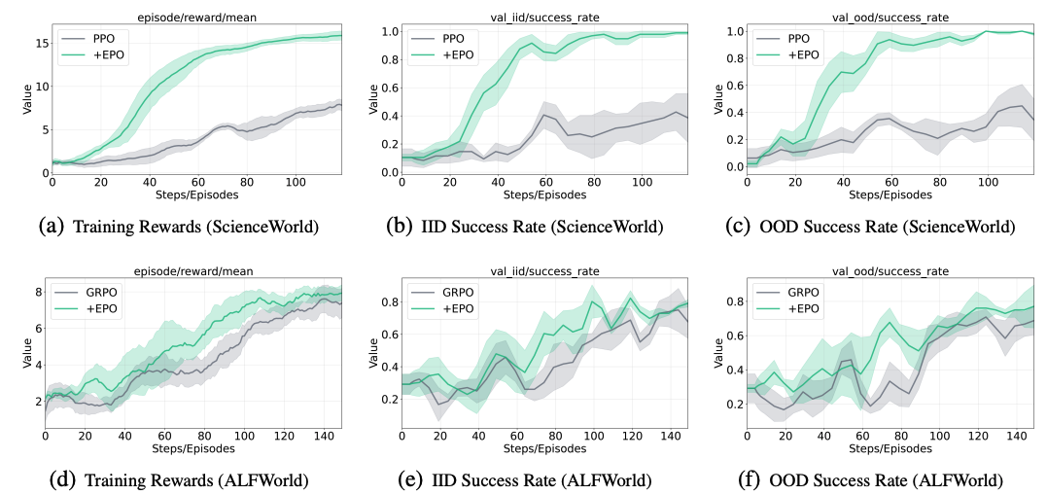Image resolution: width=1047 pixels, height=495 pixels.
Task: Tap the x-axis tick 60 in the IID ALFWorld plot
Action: coord(520,437)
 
